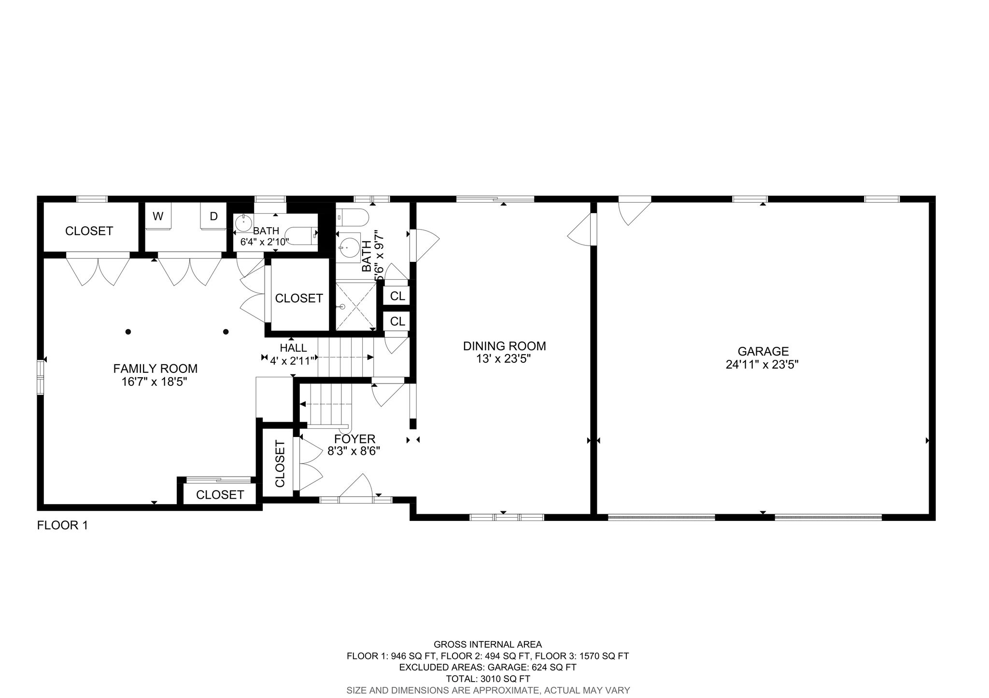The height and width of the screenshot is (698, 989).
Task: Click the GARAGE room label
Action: pyautogui.click(x=763, y=351)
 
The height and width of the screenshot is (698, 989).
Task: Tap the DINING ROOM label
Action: pyautogui.click(x=504, y=346)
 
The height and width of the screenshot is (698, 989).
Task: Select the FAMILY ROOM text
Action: pyautogui.click(x=155, y=369)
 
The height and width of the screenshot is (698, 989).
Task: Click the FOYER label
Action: pyautogui.click(x=354, y=439)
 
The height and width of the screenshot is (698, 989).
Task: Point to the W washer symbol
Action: pyautogui.click(x=158, y=217)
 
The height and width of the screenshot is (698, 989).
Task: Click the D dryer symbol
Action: pyautogui.click(x=213, y=217)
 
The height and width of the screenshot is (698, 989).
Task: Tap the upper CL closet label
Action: pyautogui.click(x=397, y=296)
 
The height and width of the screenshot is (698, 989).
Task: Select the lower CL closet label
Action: pyautogui.click(x=397, y=321)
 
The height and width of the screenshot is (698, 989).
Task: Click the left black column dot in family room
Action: pyautogui.click(x=128, y=331)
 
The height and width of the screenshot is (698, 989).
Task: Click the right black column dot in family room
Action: pyautogui.click(x=226, y=331)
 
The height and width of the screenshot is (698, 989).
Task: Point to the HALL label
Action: pyautogui.click(x=293, y=348)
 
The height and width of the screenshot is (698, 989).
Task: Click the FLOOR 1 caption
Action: pyautogui.click(x=62, y=525)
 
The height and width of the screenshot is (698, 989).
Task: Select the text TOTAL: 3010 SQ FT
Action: pyautogui.click(x=488, y=679)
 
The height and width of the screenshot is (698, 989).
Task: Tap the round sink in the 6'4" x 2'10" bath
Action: pyautogui.click(x=244, y=224)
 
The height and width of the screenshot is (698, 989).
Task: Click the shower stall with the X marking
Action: pyautogui.click(x=356, y=306)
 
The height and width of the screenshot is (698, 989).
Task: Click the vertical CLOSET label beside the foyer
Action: pyautogui.click(x=280, y=464)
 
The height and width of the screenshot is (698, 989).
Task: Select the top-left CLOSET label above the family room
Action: pyautogui.click(x=89, y=231)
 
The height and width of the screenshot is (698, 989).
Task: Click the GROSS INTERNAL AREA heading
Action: pyautogui.click(x=488, y=644)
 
